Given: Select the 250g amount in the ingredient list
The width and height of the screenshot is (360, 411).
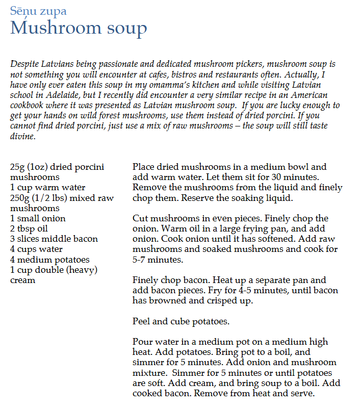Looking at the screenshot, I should click(21, 198).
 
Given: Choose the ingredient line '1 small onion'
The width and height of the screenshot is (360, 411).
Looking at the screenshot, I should click(38, 218).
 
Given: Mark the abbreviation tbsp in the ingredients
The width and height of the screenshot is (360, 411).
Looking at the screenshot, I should click(26, 228).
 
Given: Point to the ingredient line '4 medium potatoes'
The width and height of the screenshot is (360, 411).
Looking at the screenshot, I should click(49, 260).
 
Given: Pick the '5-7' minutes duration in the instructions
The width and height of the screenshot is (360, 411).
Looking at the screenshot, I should click(141, 260).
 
